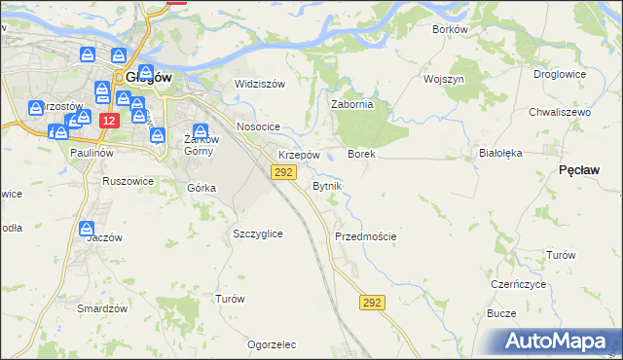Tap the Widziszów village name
coord(260,84)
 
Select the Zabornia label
coord(352,105)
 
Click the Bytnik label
coord(327,185)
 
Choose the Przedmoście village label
coord(365,236)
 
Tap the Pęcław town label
coord(579,169)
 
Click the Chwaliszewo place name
coord(560,113)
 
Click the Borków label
coord(451,29)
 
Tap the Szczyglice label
coord(258,234)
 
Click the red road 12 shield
coord(109,120)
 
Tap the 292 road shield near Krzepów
coord(283,172)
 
